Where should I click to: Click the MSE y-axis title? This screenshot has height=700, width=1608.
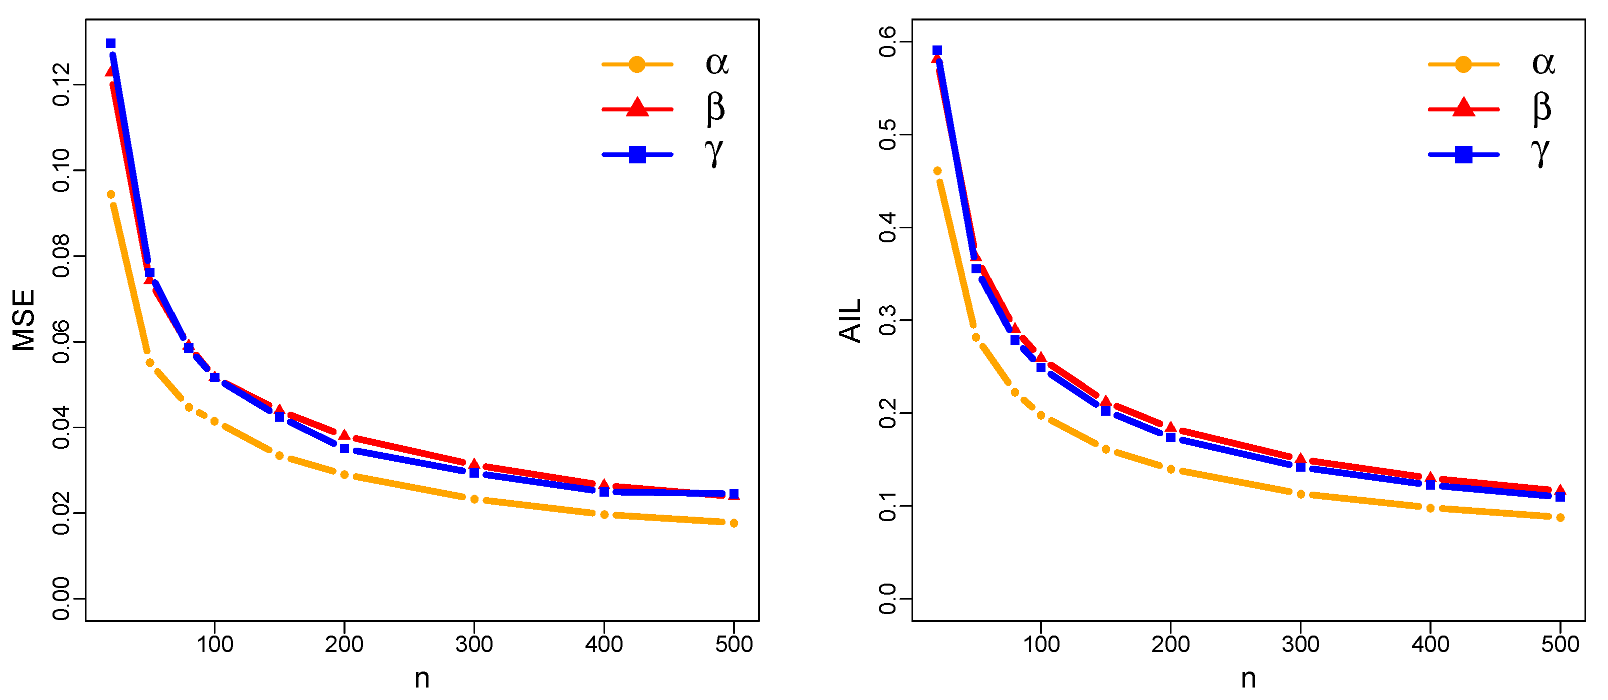click(x=23, y=320)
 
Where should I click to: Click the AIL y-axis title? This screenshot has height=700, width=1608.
click(x=850, y=320)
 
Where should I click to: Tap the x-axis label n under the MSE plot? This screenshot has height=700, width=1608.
click(x=422, y=678)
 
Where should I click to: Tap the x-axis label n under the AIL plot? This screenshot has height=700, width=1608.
click(x=1248, y=678)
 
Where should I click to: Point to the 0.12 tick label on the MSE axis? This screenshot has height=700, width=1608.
click(x=61, y=84)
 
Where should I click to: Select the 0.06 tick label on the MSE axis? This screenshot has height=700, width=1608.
click(x=61, y=341)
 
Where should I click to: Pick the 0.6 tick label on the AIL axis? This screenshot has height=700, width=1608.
click(x=887, y=42)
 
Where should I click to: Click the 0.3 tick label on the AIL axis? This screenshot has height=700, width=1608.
click(x=887, y=320)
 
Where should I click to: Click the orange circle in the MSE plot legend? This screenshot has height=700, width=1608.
click(x=636, y=64)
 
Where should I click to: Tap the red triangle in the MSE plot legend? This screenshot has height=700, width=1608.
click(x=636, y=108)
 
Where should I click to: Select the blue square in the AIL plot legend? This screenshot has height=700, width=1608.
click(x=1463, y=154)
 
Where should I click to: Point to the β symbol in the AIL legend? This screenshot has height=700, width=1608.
click(x=1542, y=108)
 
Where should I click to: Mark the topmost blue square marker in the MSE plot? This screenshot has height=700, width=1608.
click(x=110, y=43)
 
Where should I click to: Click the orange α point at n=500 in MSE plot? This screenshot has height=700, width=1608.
click(x=733, y=523)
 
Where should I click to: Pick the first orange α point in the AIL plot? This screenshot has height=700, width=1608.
click(x=937, y=171)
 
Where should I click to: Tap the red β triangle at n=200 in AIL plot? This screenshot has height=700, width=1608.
click(x=1170, y=427)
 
